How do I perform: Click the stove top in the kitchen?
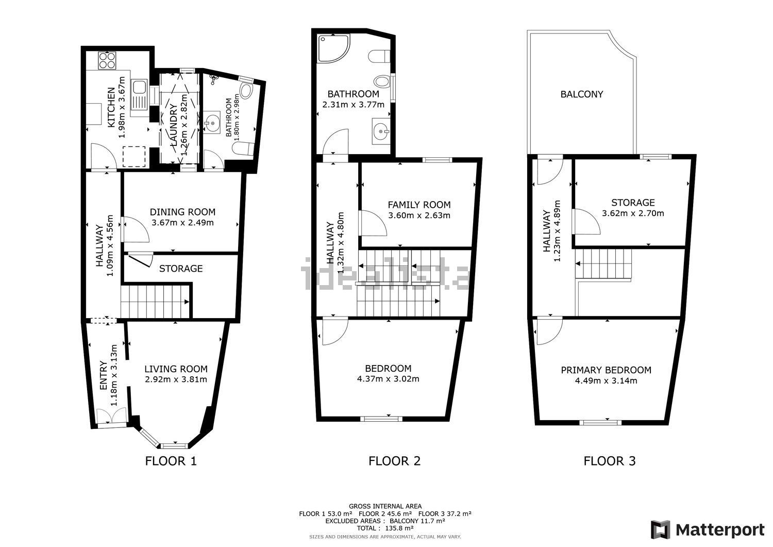(107, 60)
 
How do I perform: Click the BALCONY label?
(581, 94)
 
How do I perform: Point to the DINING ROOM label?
(182, 212)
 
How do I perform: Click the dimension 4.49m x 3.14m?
(606, 380)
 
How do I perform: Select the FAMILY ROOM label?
(419, 205)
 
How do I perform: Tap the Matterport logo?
(708, 530)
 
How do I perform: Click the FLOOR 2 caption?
(394, 461)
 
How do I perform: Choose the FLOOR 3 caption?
(610, 461)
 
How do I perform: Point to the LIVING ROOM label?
(176, 369)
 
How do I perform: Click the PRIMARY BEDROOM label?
(606, 370)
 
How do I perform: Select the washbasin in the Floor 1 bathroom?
(211, 122)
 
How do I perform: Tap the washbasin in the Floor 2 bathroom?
(381, 131)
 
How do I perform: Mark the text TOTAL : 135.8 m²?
(385, 528)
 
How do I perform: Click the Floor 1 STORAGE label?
(181, 269)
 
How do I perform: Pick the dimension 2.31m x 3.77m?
(354, 105)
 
